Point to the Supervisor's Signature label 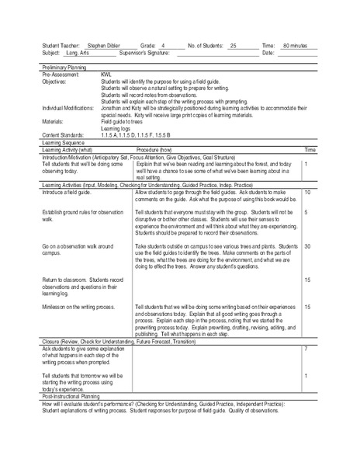[x=146, y=54]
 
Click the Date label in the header [x=268, y=54]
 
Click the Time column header [x=309, y=148]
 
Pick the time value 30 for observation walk [x=307, y=246]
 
